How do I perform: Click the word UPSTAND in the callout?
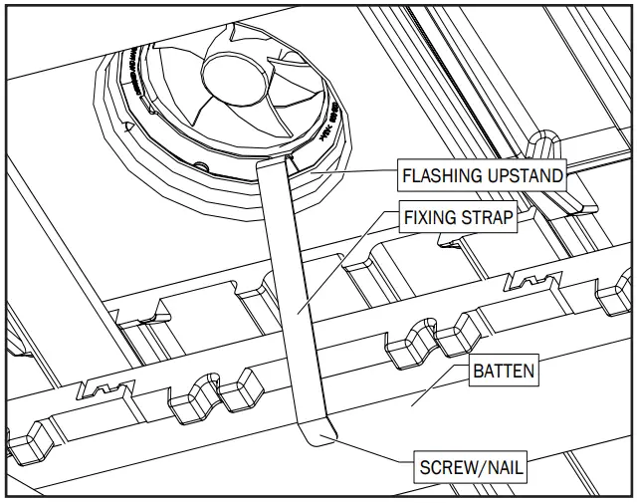point(524,176)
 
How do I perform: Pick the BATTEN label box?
point(503,373)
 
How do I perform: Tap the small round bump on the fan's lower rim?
point(202,162)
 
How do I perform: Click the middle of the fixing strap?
point(295,299)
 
